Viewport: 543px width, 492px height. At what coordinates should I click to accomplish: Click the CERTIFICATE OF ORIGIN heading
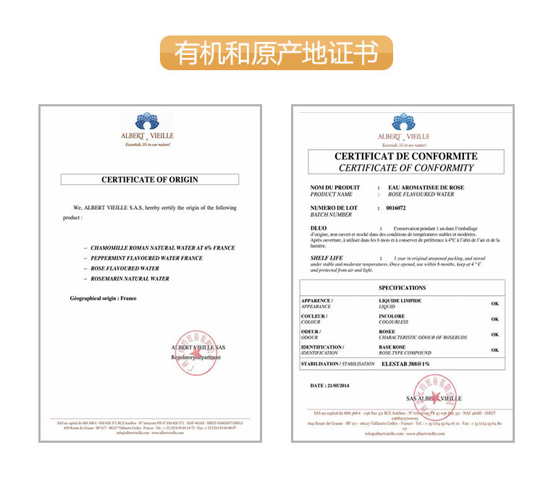click(150, 179)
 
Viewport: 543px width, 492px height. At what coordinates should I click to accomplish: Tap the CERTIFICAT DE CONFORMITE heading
click(405, 156)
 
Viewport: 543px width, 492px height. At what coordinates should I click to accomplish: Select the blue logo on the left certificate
click(147, 121)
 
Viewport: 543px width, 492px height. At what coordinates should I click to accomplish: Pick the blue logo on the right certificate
click(403, 122)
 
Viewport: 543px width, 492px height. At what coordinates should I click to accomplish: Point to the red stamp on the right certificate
click(434, 395)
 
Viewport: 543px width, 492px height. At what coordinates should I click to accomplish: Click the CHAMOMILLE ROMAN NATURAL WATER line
click(162, 248)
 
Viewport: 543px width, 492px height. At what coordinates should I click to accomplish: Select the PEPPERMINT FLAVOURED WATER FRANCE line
click(146, 258)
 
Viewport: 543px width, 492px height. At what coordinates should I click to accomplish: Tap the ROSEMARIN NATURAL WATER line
click(130, 279)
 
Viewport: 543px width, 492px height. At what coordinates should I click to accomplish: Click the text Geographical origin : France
click(103, 298)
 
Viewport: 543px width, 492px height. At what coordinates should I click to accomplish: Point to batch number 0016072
click(395, 208)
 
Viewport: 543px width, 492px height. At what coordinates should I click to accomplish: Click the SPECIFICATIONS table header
click(403, 288)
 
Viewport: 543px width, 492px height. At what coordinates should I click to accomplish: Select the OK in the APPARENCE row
click(495, 304)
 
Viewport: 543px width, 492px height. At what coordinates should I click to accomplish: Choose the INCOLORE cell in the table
click(392, 316)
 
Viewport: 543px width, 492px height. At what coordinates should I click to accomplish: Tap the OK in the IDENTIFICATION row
click(495, 350)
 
